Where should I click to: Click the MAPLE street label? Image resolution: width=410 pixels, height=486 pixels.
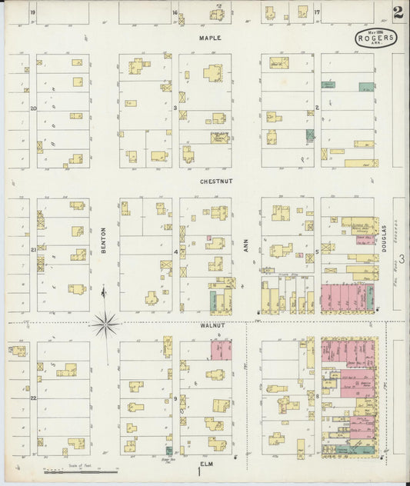(210, 38)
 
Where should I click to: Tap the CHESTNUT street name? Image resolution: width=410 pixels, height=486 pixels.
(211, 181)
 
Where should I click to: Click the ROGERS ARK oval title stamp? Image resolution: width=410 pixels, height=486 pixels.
(376, 38)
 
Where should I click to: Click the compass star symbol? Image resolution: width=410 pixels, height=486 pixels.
(105, 324)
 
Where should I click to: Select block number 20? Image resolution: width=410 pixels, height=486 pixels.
(33, 108)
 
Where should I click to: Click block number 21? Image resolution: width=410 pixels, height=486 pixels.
(33, 251)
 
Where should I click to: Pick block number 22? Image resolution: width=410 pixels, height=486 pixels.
(33, 398)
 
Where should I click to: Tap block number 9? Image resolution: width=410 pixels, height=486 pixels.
(176, 398)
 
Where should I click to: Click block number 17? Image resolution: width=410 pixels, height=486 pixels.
(317, 13)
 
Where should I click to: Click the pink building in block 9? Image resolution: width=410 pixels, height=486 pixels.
(222, 350)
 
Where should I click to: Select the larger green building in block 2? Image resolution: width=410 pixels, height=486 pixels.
(366, 87)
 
